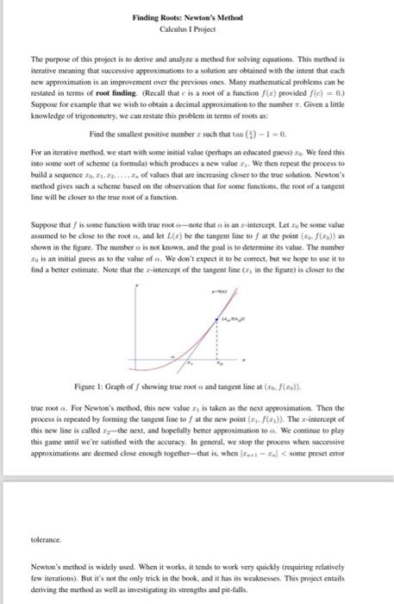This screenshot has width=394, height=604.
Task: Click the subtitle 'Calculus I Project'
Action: click(197, 28)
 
